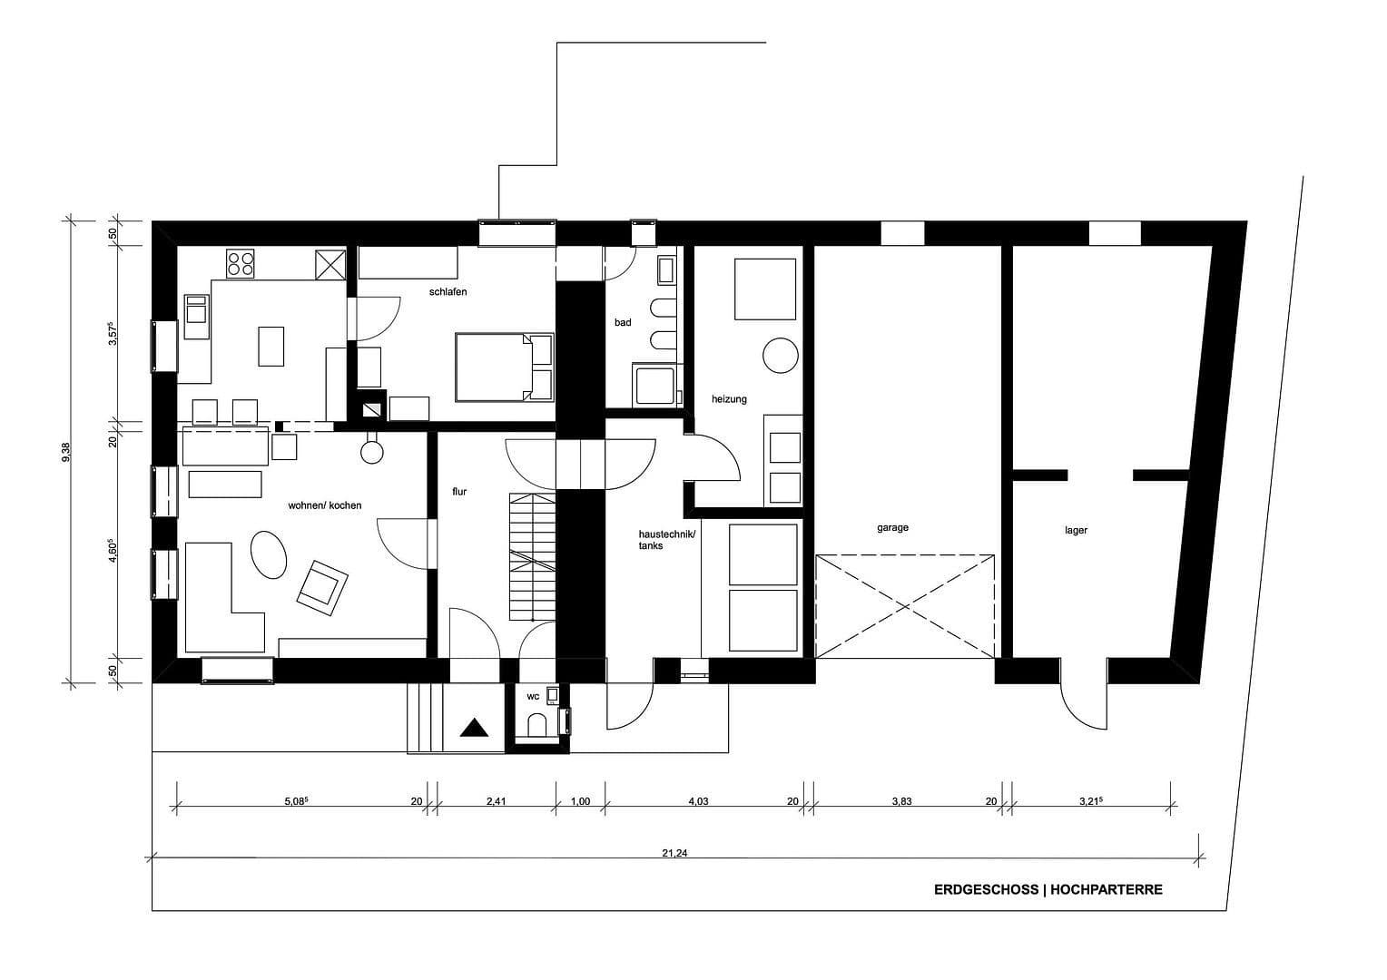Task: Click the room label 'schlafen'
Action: click(x=448, y=291)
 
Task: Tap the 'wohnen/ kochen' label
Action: click(x=324, y=505)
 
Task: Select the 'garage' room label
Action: click(x=892, y=527)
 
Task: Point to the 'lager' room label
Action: click(x=1076, y=530)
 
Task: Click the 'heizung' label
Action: click(x=729, y=398)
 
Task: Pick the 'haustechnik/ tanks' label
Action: click(x=666, y=540)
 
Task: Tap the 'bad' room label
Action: click(x=622, y=322)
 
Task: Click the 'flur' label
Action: click(x=459, y=491)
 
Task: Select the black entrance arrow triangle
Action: click(x=474, y=728)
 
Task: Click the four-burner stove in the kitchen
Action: click(x=241, y=263)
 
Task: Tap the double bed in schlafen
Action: click(x=504, y=367)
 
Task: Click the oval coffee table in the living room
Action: click(x=268, y=554)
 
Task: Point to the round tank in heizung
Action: click(x=779, y=355)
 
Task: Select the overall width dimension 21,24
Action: click(x=674, y=852)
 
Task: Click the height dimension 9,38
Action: click(x=64, y=451)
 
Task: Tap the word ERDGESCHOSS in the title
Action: click(x=986, y=890)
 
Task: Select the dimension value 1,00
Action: click(x=579, y=801)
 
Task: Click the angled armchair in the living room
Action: click(x=321, y=584)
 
